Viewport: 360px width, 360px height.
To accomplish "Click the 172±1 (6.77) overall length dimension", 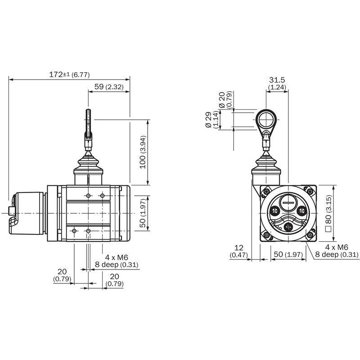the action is coord(69,75).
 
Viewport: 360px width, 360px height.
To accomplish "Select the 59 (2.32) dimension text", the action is coord(109,87).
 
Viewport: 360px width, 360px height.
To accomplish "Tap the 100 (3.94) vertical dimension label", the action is coord(143,152).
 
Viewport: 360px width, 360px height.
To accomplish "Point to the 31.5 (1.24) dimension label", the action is coord(277,83).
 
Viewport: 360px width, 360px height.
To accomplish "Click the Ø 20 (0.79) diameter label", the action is coord(225,100).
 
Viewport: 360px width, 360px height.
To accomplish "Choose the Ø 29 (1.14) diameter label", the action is coord(211,120).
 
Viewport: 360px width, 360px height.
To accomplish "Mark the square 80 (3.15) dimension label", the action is coord(328,213).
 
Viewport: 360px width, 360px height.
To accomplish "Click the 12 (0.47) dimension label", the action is coord(239,251).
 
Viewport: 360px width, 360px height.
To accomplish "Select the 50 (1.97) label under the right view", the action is coord(288,254).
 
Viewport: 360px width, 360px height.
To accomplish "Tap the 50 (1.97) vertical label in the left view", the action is coord(143,213).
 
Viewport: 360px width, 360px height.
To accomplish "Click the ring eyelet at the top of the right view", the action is coord(266,120).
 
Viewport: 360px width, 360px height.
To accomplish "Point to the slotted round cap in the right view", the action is coord(288,202).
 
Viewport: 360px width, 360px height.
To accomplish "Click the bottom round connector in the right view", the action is coord(288,227).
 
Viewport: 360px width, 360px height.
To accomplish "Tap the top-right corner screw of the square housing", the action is coord(310,191).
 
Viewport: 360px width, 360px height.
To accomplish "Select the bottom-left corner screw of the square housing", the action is coord(266,235).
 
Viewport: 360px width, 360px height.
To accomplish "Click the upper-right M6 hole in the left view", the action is coord(103,196).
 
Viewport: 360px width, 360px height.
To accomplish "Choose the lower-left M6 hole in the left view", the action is coord(74,231).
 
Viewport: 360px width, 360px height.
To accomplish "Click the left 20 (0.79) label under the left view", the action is coord(62,275).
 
